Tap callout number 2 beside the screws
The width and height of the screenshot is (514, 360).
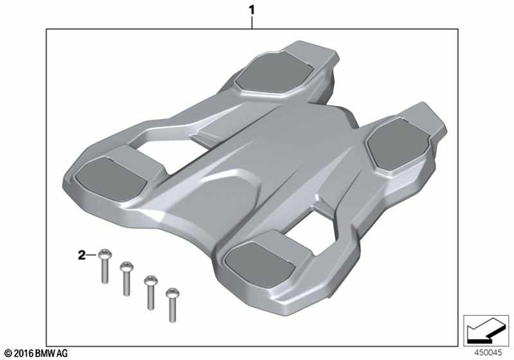point(80,256)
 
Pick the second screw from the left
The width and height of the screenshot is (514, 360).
point(125,277)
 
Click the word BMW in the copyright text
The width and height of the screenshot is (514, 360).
point(50,352)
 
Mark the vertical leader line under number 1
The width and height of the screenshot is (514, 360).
point(252,22)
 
